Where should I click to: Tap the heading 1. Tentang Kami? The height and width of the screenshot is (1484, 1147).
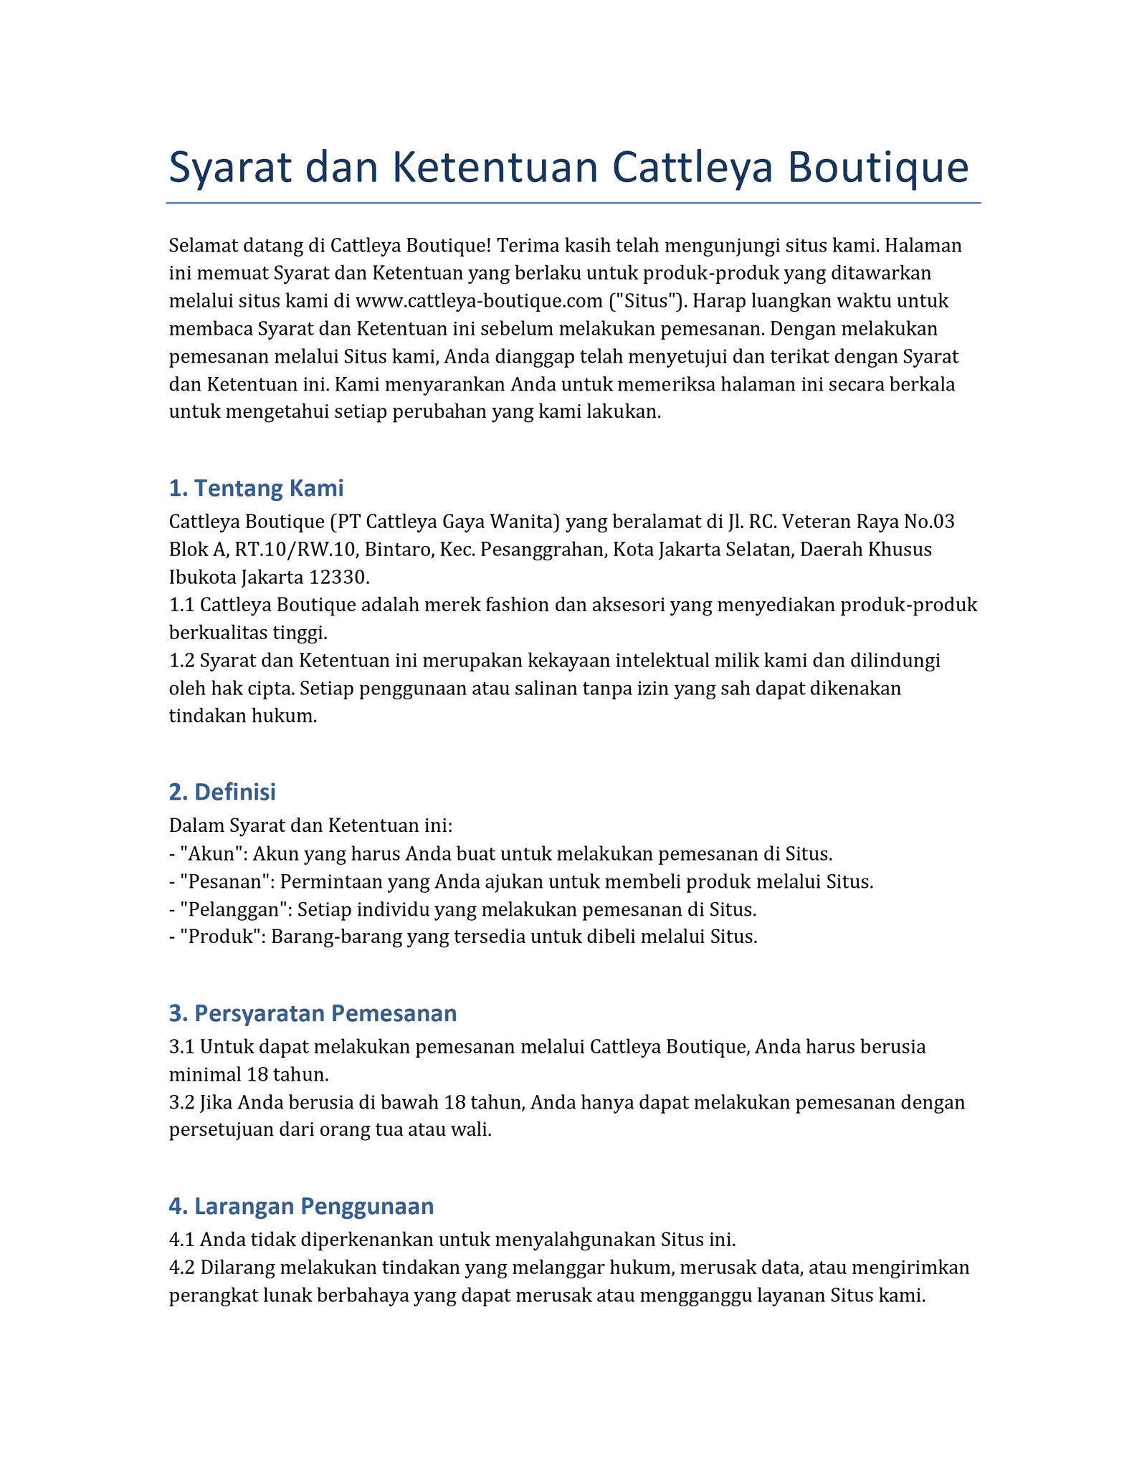coord(256,488)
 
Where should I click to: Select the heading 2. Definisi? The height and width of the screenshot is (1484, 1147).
coord(222,792)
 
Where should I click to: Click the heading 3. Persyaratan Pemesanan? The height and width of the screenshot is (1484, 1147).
coord(313,1013)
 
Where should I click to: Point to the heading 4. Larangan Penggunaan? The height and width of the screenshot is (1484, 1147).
coord(301,1206)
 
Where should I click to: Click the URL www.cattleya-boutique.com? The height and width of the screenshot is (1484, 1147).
coord(479,301)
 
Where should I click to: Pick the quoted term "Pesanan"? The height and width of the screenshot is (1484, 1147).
coord(225,882)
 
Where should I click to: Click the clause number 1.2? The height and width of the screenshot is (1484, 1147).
coord(181,660)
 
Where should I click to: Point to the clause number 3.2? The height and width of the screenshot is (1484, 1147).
coord(181,1102)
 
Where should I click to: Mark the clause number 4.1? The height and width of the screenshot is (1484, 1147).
coord(181,1240)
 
